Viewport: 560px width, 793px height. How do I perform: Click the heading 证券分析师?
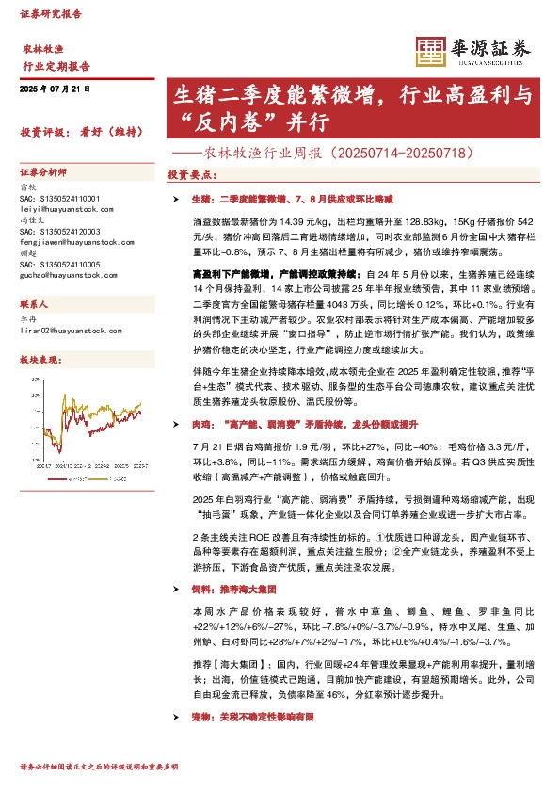43,173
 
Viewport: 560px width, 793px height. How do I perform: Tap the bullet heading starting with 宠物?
252,717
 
